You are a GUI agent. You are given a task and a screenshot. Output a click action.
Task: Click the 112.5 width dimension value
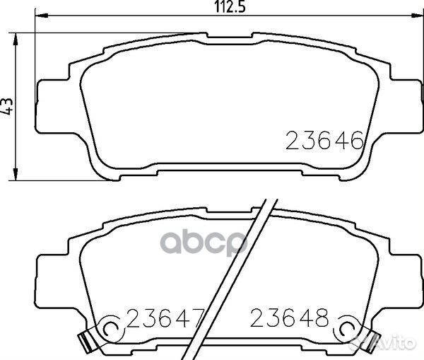[230, 7]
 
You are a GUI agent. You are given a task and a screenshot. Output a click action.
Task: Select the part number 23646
[324, 140]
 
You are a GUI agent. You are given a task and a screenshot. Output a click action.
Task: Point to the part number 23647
[165, 318]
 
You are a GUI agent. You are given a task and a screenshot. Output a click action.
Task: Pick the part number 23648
[289, 318]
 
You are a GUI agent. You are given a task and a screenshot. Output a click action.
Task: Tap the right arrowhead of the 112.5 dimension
[416, 16]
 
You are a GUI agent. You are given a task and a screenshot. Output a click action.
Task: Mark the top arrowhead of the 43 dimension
[16, 40]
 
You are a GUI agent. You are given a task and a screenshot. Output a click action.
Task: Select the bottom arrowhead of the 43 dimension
[16, 174]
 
